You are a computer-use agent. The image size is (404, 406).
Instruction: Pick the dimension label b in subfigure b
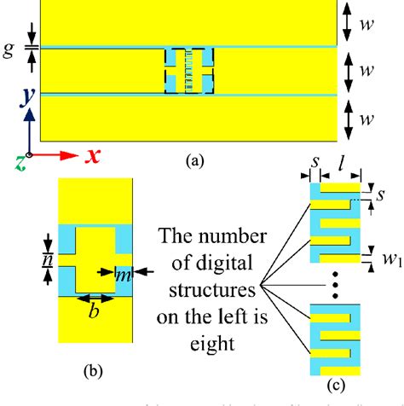click(95, 311)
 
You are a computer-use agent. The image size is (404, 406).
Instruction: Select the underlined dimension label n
click(49, 258)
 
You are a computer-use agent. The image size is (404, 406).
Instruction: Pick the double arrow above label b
click(95, 297)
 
